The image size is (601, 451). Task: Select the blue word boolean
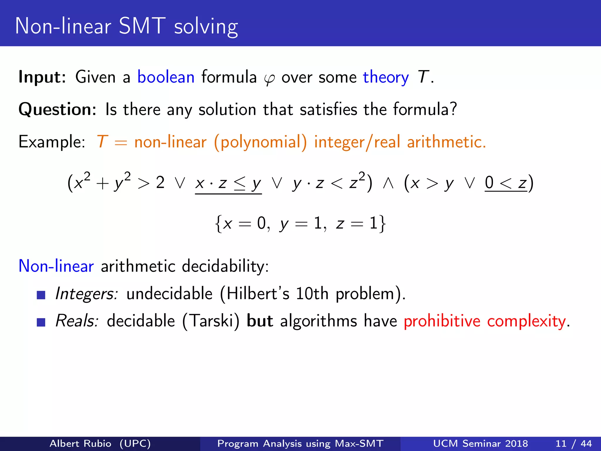pos(166,77)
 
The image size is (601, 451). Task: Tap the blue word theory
pos(386,77)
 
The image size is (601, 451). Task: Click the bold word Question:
pos(57,109)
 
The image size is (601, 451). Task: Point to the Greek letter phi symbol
pos(269,79)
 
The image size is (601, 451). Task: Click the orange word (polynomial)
pos(260,142)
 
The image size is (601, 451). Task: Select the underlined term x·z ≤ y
pos(228,184)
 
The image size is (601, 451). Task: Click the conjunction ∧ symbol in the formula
pos(388,184)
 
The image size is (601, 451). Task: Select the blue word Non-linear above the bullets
pos(56,266)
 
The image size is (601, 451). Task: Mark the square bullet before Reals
pos(41,322)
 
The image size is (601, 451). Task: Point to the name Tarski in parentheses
pos(211,321)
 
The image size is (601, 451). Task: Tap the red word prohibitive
pos(442,321)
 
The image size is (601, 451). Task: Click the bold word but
pos(260,321)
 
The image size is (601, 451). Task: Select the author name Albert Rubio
pos(80,443)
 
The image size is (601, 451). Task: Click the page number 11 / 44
pos(573,443)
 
